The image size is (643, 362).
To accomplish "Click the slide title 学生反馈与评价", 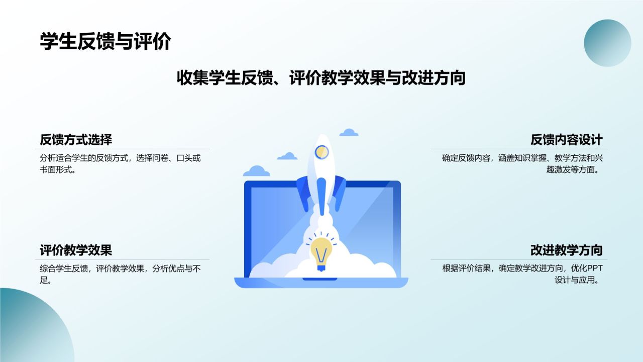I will point(105,42).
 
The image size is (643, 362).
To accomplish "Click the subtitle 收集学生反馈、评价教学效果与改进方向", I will point(321,78).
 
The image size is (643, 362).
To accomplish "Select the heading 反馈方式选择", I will point(76,139).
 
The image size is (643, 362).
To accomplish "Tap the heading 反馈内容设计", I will point(566,139).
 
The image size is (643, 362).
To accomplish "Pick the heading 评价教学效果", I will point(76,250).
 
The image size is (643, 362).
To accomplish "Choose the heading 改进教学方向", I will point(566,250).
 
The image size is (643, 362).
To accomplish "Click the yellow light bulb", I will point(321,251).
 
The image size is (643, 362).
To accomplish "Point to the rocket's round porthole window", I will point(321,151).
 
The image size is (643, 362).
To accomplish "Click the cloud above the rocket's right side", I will point(349,133).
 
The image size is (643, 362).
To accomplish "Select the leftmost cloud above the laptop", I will point(257,171).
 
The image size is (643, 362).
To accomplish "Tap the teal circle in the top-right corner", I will point(607,43).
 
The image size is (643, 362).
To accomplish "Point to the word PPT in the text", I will point(595,268).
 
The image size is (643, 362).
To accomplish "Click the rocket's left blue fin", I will point(303,194).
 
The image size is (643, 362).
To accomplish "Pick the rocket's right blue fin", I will point(340,194).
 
